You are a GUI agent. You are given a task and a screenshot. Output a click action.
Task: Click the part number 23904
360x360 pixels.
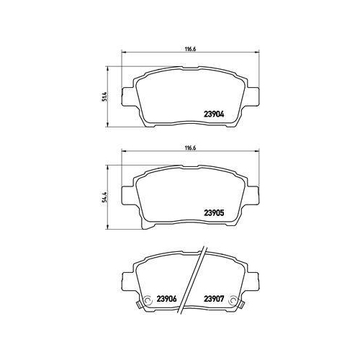[214, 114]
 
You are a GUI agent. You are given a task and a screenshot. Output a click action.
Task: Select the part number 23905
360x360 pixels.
[214, 212]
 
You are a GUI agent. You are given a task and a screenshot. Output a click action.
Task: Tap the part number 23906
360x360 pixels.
[166, 299]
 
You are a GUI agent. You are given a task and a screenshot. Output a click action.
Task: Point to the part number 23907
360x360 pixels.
[214, 299]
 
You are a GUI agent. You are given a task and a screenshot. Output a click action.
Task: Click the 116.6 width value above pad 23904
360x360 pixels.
[191, 49]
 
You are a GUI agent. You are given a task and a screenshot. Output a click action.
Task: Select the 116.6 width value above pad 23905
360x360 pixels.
[191, 148]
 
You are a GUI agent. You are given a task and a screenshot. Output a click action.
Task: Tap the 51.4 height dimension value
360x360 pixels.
[104, 96]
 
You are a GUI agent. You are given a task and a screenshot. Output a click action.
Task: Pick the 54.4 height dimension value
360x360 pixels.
[104, 197]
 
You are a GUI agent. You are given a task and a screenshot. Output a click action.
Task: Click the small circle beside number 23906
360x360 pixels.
[147, 300]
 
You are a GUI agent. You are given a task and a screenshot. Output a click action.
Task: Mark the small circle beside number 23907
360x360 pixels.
[233, 300]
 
